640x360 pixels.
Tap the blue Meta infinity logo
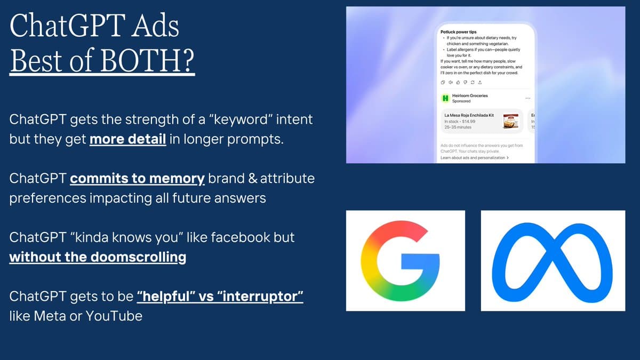coord(553,260)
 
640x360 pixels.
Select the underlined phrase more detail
coord(128,140)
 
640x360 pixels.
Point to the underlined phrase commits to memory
coord(137,178)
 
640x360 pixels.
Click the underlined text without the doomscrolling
coord(98,257)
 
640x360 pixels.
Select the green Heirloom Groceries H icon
coord(445,98)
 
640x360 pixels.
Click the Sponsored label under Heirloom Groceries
coord(461,101)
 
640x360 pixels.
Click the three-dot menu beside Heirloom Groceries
coord(528,98)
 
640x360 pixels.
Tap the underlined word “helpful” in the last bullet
coord(166,296)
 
